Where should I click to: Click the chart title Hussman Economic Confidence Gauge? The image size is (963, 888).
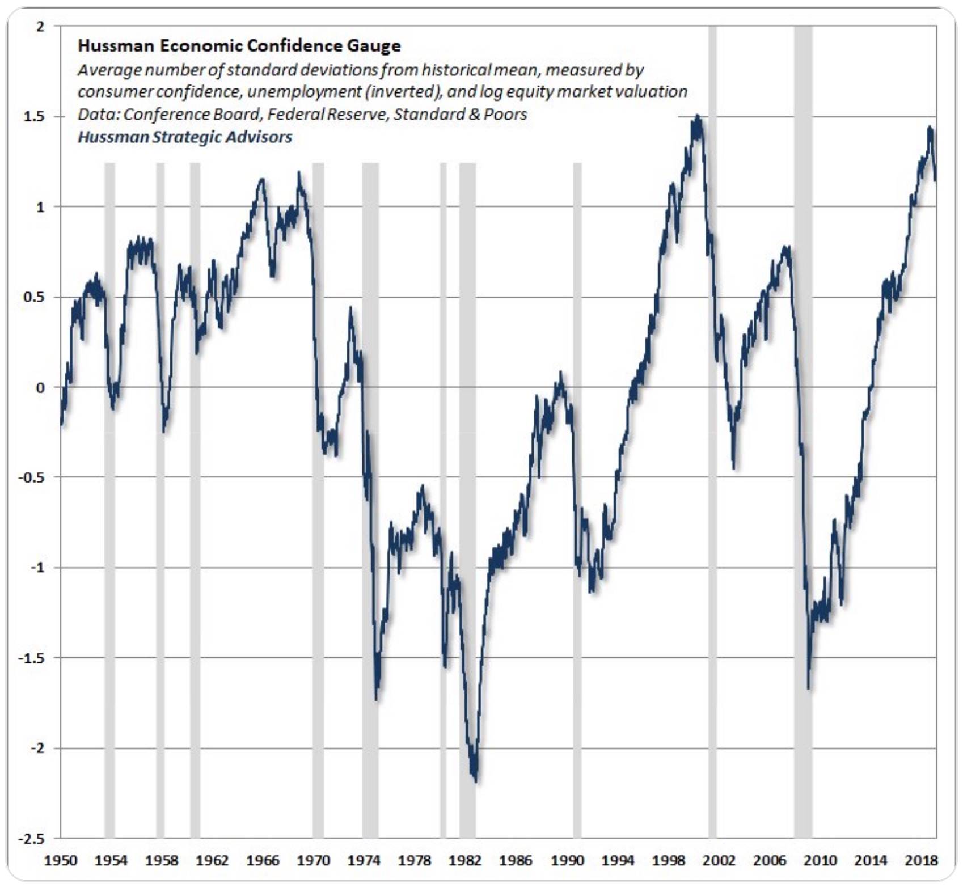click(x=239, y=46)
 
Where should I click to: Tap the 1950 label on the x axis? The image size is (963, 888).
click(x=61, y=861)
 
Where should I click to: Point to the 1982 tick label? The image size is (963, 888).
click(x=465, y=861)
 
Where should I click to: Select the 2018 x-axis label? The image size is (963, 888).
click(x=921, y=861)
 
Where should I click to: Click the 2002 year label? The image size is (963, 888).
click(x=719, y=861)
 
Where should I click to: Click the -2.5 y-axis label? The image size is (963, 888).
click(x=31, y=839)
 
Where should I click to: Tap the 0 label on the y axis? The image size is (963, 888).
click(x=40, y=388)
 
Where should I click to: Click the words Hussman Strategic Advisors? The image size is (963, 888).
click(x=185, y=137)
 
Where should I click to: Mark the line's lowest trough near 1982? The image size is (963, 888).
click(x=475, y=781)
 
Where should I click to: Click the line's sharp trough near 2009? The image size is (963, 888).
click(x=808, y=688)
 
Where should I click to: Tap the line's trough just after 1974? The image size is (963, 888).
click(x=377, y=698)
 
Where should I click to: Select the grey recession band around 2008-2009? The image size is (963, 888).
click(x=803, y=510)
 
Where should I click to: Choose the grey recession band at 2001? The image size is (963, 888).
click(x=712, y=510)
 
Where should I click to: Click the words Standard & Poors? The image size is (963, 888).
click(x=460, y=115)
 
